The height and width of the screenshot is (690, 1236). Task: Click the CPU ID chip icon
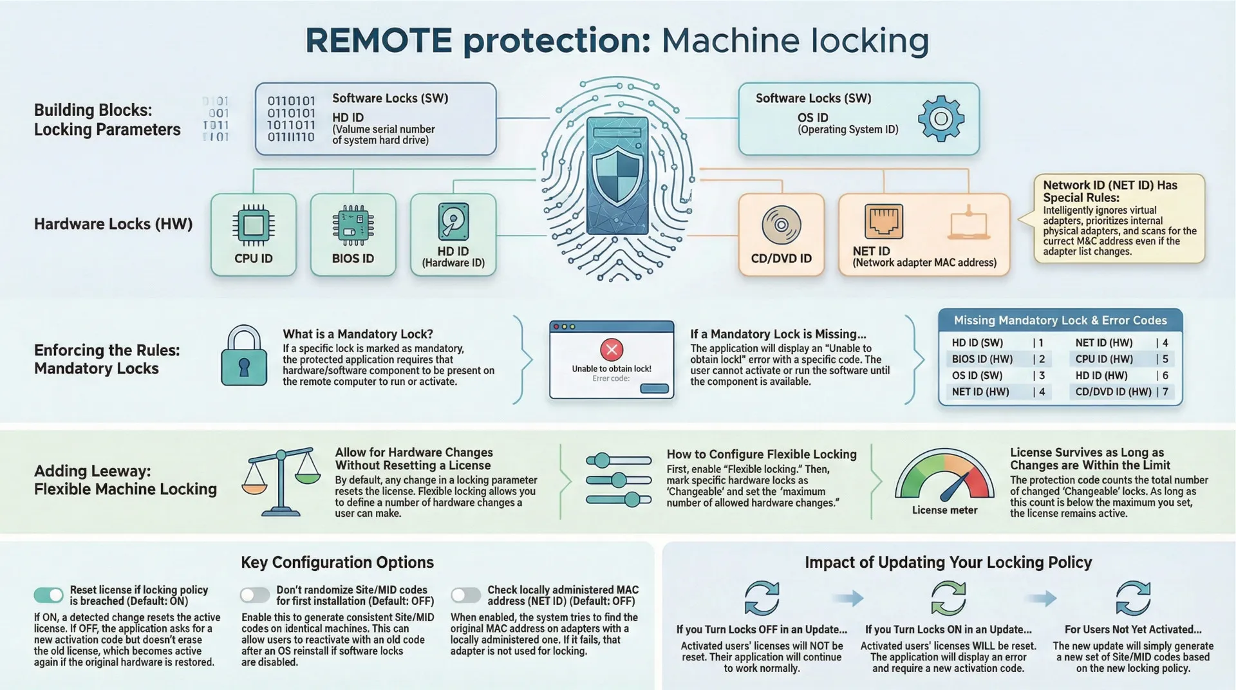coord(253,225)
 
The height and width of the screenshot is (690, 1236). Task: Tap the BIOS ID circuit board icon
coord(353,225)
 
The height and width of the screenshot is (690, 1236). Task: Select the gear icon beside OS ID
coord(941,118)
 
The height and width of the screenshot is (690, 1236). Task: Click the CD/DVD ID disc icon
coord(781,225)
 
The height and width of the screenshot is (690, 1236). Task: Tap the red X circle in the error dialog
coord(611,350)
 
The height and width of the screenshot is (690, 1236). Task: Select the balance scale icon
coord(281,483)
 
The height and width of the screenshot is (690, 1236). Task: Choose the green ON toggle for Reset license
coord(49,595)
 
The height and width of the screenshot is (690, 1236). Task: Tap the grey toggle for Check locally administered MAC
coord(465,595)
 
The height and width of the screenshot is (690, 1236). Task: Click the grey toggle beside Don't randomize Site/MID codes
coord(255,595)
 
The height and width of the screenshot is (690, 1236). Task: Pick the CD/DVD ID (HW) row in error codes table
coord(1121,391)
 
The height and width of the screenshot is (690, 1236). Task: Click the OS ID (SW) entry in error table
coord(977,375)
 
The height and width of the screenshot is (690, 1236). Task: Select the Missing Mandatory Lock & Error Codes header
coord(1060,320)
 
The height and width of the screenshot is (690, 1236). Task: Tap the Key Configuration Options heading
coord(337,562)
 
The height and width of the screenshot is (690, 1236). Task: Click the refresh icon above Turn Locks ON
coord(948,599)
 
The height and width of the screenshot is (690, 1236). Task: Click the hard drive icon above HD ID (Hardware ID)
coord(453,222)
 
